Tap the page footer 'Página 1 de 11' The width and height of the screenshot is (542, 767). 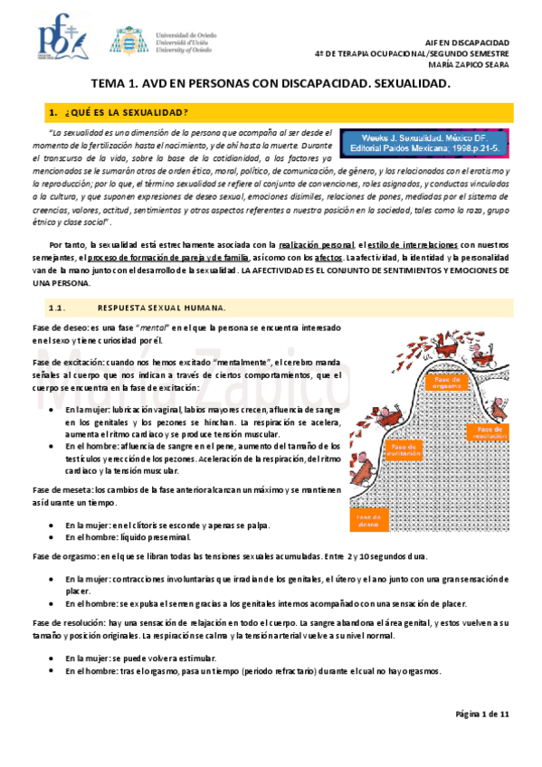pos(482,715)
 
